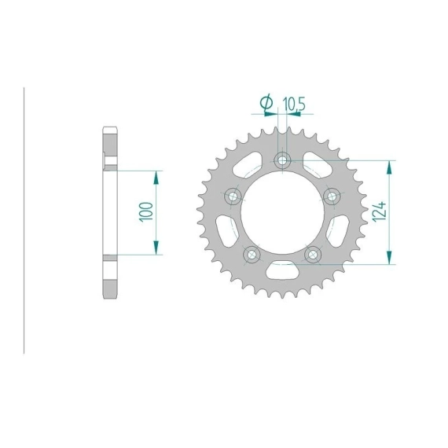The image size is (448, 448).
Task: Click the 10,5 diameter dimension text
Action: (x=294, y=104)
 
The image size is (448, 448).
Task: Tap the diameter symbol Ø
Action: (x=266, y=103)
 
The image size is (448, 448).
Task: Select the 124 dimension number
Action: (x=379, y=211)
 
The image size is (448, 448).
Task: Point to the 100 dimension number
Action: (x=145, y=212)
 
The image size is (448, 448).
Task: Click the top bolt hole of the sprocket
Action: (x=282, y=160)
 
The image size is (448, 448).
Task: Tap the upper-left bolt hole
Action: (x=233, y=196)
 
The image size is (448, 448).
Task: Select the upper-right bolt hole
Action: (x=332, y=196)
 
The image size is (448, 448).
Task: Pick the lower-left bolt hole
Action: (x=252, y=255)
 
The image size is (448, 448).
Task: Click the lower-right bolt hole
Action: (x=313, y=255)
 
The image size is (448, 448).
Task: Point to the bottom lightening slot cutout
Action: (x=282, y=270)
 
